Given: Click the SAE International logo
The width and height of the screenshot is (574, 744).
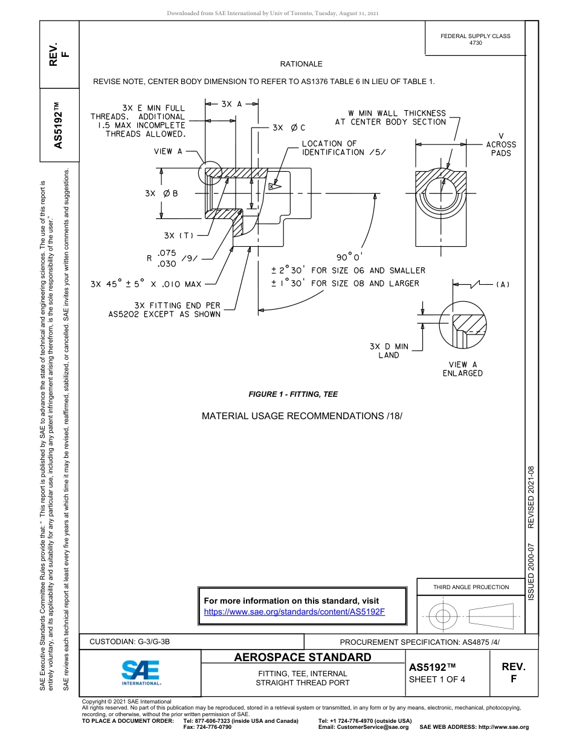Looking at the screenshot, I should tap(140, 671).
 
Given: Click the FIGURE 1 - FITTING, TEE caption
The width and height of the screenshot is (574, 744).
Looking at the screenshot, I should tap(293, 394).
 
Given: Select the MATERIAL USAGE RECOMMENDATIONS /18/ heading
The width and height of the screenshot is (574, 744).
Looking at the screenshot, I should tap(302, 416).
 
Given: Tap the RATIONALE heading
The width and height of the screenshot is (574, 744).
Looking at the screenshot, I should tap(301, 64).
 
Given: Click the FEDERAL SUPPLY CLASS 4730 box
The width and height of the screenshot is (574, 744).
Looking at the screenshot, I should tap(475, 39).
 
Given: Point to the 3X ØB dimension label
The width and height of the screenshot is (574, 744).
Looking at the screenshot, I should tap(161, 194).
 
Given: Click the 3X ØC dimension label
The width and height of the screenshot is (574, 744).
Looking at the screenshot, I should tap(289, 128).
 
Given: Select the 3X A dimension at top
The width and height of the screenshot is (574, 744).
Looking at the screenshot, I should tap(231, 104).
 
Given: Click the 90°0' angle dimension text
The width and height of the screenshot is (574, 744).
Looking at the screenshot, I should tap(350, 256).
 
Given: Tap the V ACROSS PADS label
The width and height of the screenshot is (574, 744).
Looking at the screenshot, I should tap(501, 145).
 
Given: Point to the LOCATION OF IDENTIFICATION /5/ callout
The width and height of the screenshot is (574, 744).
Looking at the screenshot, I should tap(341, 148).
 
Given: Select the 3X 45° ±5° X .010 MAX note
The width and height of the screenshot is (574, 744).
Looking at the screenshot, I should tap(146, 284).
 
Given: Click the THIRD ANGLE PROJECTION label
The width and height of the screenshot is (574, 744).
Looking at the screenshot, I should tap(471, 587).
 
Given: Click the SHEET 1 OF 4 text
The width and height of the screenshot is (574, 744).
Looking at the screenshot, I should tap(437, 679).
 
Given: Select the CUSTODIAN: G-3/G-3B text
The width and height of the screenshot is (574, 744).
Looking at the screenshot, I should tap(134, 642).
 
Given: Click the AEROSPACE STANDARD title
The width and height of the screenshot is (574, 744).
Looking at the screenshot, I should tap(303, 658).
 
